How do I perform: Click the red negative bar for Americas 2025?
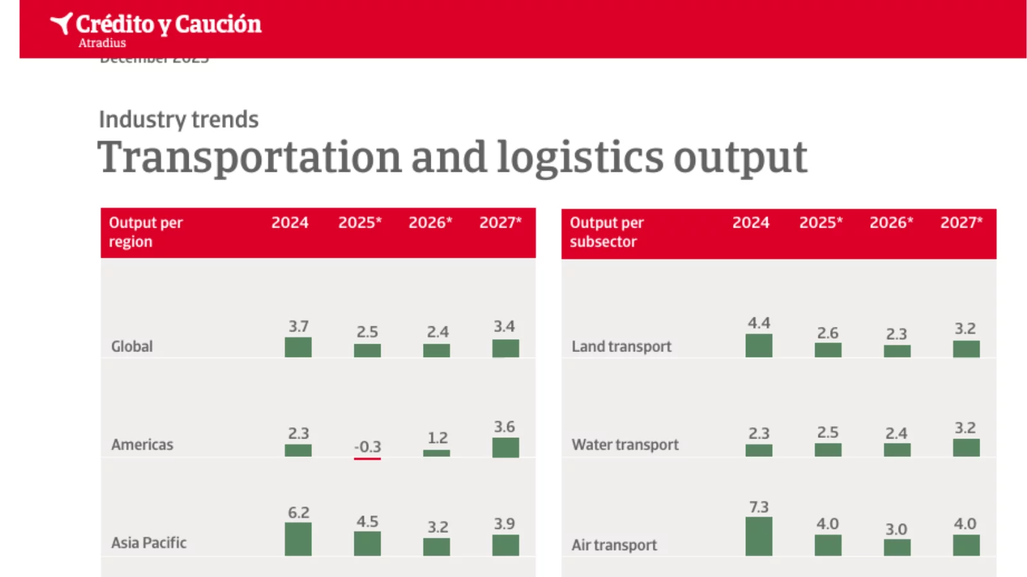pyautogui.click(x=367, y=458)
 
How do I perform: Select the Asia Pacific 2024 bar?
pyautogui.click(x=298, y=539)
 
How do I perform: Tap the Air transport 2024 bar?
pyautogui.click(x=759, y=536)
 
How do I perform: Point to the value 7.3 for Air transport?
pyautogui.click(x=759, y=507)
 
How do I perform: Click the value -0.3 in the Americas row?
pyautogui.click(x=368, y=446)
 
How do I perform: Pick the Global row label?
pyautogui.click(x=132, y=346)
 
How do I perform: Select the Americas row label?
pyautogui.click(x=142, y=444)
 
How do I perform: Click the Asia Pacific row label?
pyautogui.click(x=149, y=542)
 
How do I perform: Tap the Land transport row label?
pyautogui.click(x=621, y=346)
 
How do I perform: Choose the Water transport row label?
pyautogui.click(x=625, y=444)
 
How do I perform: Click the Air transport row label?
pyautogui.click(x=614, y=545)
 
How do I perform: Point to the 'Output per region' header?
pyautogui.click(x=146, y=232)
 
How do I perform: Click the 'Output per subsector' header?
pyautogui.click(x=607, y=232)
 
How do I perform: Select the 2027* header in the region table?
pyautogui.click(x=500, y=222)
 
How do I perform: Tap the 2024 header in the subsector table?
pyautogui.click(x=750, y=222)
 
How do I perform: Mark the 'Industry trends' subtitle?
pyautogui.click(x=178, y=119)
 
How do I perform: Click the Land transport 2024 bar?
pyautogui.click(x=759, y=346)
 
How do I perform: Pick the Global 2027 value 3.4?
pyautogui.click(x=504, y=326)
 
